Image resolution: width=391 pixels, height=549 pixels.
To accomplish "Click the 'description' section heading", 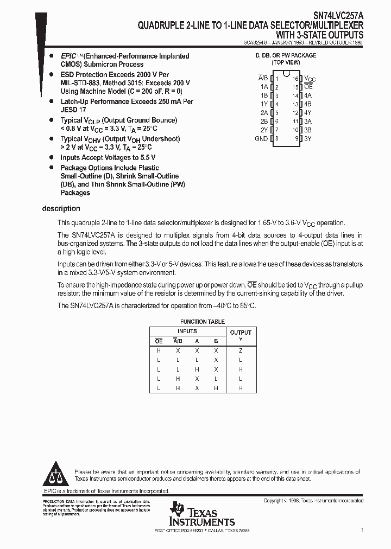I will [61, 209].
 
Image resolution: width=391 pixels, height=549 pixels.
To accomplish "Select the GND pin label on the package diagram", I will [261, 138].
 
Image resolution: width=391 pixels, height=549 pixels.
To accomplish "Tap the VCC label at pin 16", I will [310, 79].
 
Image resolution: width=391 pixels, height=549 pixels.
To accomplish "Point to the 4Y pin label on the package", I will [308, 113].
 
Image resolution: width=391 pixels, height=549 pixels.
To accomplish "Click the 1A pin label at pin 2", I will [264, 87].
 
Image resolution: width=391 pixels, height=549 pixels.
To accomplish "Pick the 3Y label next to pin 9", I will [308, 138].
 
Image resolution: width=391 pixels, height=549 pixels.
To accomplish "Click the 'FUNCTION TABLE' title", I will [203, 322].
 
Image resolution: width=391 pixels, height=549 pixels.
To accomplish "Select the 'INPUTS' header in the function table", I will [187, 331].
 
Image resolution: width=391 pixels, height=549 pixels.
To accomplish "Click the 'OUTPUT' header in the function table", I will [241, 333].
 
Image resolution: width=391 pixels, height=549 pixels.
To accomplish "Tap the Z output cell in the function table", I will [241, 350].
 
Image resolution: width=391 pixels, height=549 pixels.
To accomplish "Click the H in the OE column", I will [159, 350].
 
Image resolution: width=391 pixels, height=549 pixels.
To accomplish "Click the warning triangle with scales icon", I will [55, 475].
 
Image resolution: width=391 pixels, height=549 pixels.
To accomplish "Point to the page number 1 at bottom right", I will [362, 528].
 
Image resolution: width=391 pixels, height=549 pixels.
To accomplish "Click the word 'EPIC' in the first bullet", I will [69, 56].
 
